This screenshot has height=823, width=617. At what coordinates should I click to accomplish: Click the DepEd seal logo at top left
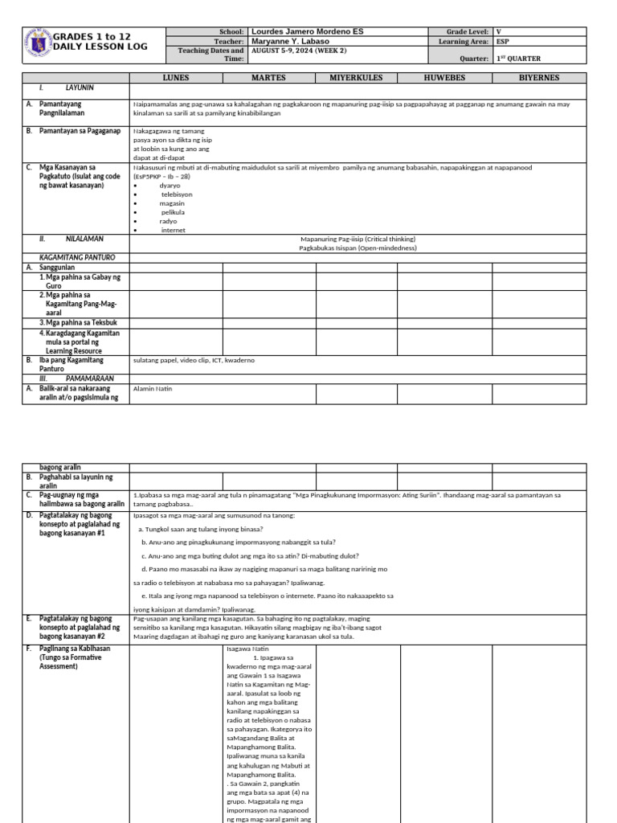click(x=37, y=43)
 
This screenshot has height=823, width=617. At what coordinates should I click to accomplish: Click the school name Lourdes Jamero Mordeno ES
click(x=307, y=31)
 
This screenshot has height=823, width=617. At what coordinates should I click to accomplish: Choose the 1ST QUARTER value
click(x=518, y=59)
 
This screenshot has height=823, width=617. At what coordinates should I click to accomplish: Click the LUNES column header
click(x=176, y=78)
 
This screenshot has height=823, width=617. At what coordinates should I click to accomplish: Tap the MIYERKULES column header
click(x=356, y=78)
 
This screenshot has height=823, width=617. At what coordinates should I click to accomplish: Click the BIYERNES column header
click(x=538, y=78)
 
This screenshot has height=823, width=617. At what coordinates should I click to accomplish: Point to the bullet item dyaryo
click(x=170, y=186)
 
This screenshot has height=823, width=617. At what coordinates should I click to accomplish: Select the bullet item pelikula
click(x=173, y=212)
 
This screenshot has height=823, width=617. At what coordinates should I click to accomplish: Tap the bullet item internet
click(x=173, y=230)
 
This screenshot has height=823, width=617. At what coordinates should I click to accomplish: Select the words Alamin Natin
click(x=153, y=389)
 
